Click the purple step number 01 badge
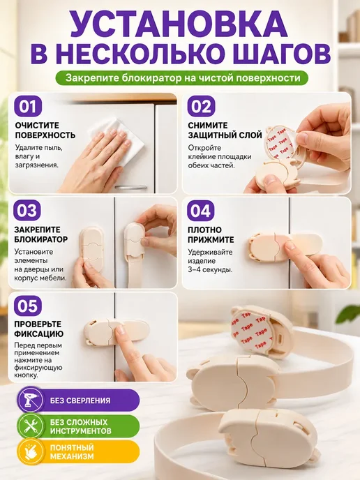coord(27,107)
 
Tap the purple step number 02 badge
coord(201,107)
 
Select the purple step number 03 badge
coord(27,211)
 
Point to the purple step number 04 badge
coord(200,211)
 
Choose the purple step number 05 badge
coord(27,306)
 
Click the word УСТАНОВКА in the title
coord(180,25)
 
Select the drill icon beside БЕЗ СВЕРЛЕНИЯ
coord(30,400)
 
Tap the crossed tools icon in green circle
coord(30,426)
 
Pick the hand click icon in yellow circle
coord(30,452)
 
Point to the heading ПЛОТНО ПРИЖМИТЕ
coord(211,234)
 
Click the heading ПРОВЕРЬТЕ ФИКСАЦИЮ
coord(39,329)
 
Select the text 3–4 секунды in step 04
coord(210,270)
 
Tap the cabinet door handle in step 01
coord(130,188)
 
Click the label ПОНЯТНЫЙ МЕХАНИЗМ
coord(72,452)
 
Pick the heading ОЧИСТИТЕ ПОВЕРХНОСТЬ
coord(45,130)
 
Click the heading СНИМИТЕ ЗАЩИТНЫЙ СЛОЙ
coord(225,130)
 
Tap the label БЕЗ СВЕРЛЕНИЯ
coord(80,400)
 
